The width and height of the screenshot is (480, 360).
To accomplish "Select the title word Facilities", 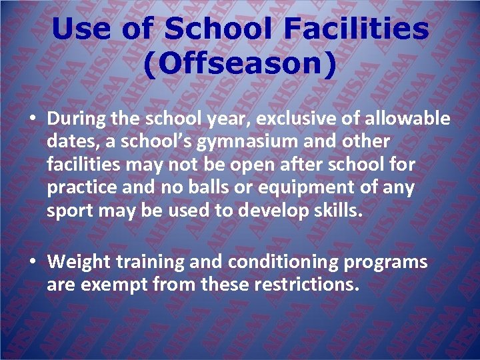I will coord(356,29).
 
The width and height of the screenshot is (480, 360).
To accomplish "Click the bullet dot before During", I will coord(33,119).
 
